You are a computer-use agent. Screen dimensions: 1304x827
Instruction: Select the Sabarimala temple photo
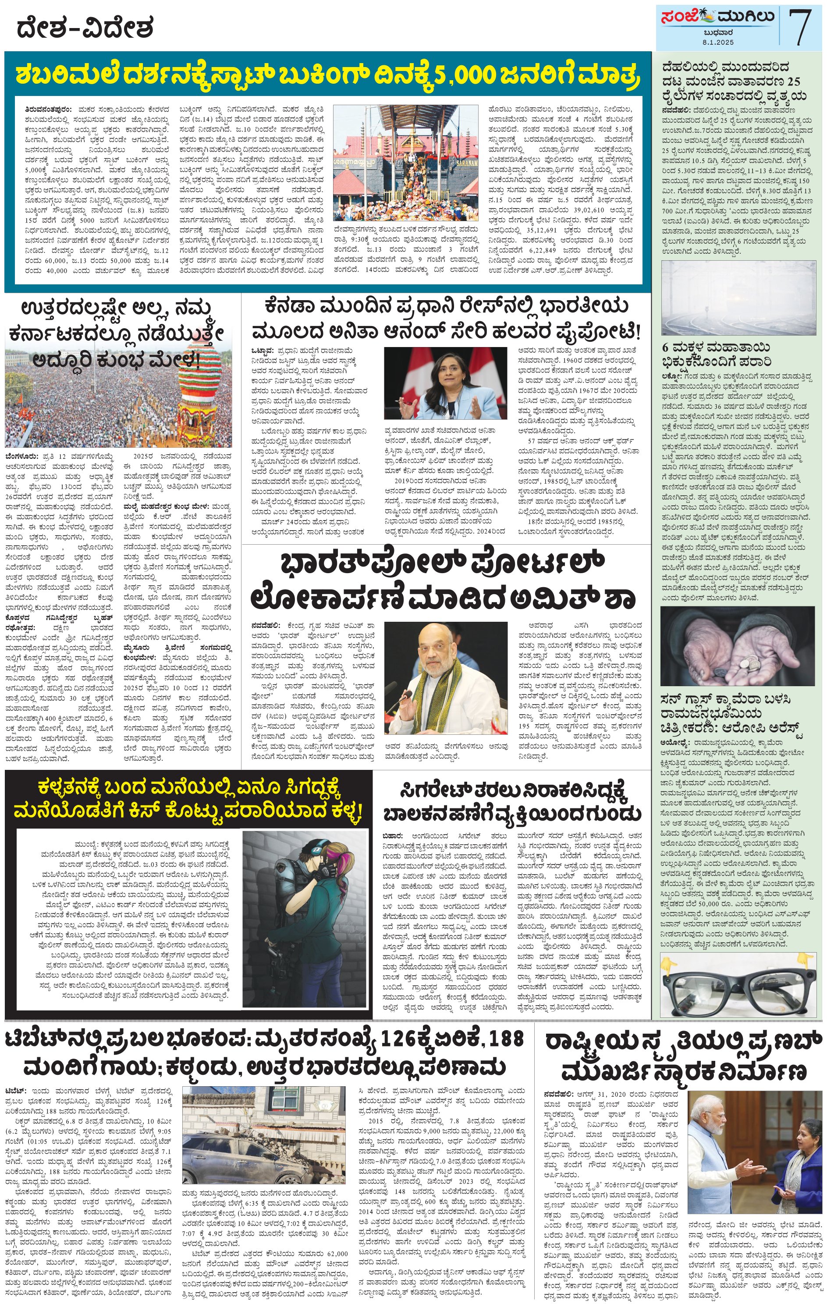(x=406, y=162)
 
